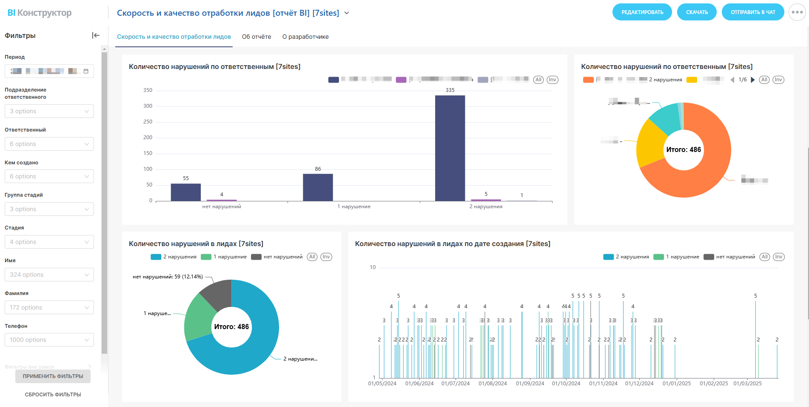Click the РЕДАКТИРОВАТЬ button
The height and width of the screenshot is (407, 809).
642,12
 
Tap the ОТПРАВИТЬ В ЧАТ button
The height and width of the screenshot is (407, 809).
752,12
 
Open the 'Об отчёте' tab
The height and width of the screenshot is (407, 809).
256,37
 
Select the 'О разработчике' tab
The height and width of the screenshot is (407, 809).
305,37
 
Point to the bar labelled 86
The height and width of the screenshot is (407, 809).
318,187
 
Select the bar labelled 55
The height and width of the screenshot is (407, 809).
185,192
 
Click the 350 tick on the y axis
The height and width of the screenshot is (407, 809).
148,90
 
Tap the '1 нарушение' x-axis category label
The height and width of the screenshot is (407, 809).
354,206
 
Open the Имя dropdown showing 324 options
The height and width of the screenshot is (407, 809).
49,275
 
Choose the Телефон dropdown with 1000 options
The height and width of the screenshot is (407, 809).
49,340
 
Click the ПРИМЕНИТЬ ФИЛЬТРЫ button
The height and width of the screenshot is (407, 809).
53,376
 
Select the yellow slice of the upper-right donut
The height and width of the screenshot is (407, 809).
650,145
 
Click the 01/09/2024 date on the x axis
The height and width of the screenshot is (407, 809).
530,384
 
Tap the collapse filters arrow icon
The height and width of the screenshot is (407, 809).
96,35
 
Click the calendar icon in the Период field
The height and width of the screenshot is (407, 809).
86,71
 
